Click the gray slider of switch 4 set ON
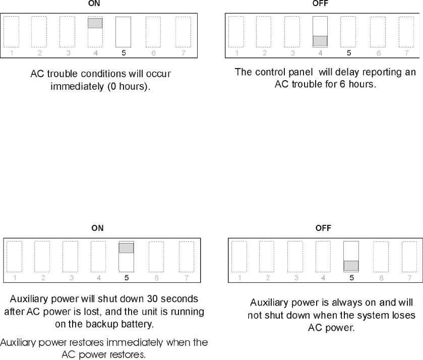click(95, 23)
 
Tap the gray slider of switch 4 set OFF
click(320, 41)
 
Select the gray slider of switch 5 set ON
click(126, 248)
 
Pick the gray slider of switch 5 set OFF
click(351, 266)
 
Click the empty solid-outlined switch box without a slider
click(124, 32)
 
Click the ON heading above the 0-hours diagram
click(94, 4)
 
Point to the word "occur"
click(159, 74)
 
